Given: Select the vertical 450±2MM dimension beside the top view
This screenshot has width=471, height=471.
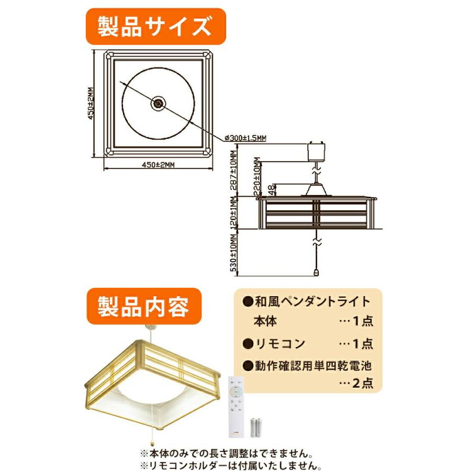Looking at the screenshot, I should [91, 103].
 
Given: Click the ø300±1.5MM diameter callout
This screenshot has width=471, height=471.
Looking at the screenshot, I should [245, 138].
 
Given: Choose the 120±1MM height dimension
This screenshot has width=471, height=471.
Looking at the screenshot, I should [234, 214].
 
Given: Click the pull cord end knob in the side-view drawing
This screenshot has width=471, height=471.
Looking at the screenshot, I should [316, 271].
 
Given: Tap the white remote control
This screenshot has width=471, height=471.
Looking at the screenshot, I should [237, 406].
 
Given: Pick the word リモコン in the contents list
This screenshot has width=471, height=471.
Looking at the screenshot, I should [280, 344].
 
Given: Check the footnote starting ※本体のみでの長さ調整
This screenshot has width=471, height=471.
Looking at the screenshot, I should [228, 453].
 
